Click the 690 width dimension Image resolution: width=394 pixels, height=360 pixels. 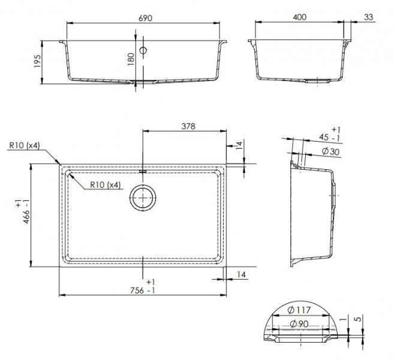coord(145,18)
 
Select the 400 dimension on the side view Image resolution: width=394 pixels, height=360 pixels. coord(300,17)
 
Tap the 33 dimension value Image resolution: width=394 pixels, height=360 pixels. coord(368,17)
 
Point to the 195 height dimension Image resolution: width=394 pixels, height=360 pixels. coord(37,61)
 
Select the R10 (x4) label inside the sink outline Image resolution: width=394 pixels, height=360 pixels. coord(106,185)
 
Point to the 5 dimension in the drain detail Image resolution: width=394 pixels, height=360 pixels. coord(358,319)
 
